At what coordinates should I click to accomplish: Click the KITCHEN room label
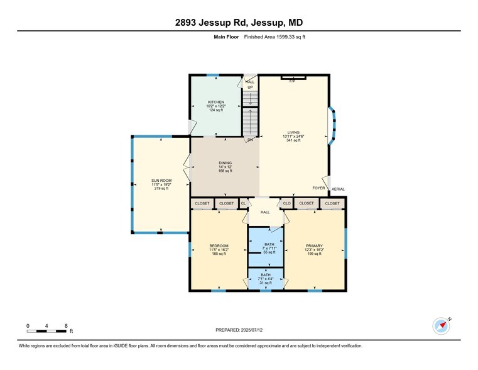point(216,102)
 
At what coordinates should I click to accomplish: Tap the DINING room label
point(225,162)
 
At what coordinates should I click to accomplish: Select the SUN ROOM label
point(161,181)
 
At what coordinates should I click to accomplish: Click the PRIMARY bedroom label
point(314,246)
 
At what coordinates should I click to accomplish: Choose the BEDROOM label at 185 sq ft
point(219,246)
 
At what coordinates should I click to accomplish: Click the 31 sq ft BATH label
point(266,275)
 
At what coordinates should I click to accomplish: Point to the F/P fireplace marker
point(292,81)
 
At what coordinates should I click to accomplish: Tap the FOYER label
point(319,188)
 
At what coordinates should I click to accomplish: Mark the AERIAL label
point(338,189)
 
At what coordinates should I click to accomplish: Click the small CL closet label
point(244,203)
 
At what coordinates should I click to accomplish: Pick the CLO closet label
point(286,203)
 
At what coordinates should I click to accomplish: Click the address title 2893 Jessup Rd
point(239,23)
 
